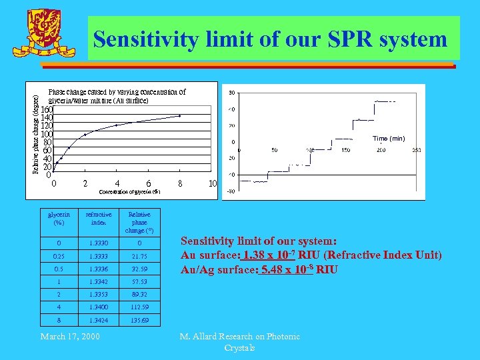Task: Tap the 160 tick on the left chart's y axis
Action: pos(47,110)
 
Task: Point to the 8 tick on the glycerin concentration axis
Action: pos(180,184)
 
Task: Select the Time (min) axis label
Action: pos(389,139)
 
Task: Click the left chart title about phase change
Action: pos(117,96)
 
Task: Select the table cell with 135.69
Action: pos(140,321)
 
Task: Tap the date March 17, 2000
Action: pos(70,336)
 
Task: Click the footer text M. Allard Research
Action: pos(239,337)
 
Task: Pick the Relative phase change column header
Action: pos(140,222)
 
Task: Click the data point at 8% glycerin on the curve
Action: pos(180,115)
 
